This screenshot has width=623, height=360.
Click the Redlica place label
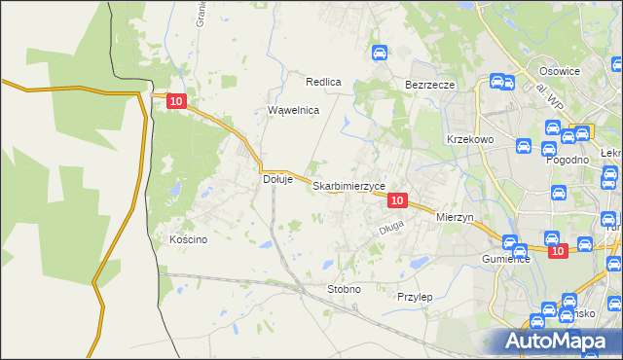point(323,82)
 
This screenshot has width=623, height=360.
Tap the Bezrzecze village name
point(430,85)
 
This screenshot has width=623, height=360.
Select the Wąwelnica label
point(294,110)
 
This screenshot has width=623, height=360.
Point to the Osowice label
point(560,71)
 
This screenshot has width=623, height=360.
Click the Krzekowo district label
point(471,139)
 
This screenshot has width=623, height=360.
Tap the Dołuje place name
point(278,179)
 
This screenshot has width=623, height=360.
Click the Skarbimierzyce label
point(349,185)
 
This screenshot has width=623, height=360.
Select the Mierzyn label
point(455,217)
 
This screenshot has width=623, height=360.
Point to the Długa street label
point(389,231)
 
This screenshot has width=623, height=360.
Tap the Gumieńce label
point(506,260)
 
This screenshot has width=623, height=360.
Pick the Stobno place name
point(344,289)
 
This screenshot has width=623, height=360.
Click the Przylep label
point(415,296)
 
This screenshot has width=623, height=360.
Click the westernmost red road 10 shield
point(175,100)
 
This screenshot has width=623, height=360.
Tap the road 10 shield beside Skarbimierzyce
point(396,199)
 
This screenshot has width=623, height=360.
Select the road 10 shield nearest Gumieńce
point(556,251)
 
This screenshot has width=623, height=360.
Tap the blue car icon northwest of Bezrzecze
point(381,54)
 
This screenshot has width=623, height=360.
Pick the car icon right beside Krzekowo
point(522,148)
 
